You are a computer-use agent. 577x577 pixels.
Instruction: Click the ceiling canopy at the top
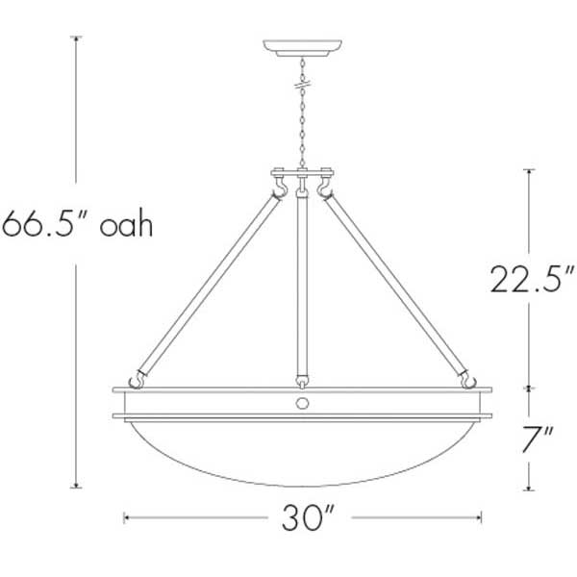point(303,47)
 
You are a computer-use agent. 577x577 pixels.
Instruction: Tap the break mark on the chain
point(303,86)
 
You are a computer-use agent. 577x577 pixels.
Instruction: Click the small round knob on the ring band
point(303,403)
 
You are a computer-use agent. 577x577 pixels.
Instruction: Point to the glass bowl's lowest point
point(303,487)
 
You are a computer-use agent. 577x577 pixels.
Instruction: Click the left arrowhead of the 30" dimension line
point(127,519)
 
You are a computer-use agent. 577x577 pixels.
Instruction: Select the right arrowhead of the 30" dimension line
point(480,519)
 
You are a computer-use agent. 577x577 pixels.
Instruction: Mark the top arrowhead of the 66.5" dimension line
point(77,39)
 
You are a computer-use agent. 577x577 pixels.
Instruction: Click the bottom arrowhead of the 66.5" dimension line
point(77,485)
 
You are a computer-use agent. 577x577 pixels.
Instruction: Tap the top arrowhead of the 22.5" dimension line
point(528,172)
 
